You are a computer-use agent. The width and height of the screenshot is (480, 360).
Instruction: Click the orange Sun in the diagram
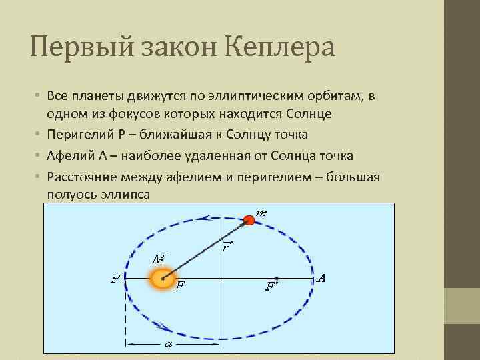click(x=162, y=279)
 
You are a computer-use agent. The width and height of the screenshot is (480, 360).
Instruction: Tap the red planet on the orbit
click(x=249, y=220)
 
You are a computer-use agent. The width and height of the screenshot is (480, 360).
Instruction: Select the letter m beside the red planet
click(x=262, y=213)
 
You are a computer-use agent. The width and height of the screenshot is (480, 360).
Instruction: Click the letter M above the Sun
click(x=159, y=259)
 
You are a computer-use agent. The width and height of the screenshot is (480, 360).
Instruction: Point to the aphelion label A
click(x=321, y=278)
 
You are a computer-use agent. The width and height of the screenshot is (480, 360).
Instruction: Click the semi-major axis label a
click(x=168, y=344)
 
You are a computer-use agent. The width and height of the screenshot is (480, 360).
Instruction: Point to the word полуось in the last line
click(x=71, y=194)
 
